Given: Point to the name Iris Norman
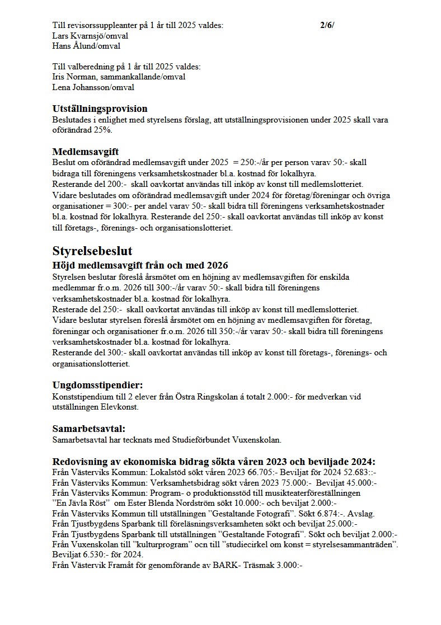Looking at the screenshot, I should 71,77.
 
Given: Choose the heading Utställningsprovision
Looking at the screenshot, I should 100,109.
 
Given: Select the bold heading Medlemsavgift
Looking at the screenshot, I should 85,152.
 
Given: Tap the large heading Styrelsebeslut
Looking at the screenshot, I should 92,250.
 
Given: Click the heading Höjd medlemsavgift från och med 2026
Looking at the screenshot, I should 140,265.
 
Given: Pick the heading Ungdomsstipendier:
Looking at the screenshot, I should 97,385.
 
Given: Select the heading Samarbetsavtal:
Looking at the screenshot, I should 88,429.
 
